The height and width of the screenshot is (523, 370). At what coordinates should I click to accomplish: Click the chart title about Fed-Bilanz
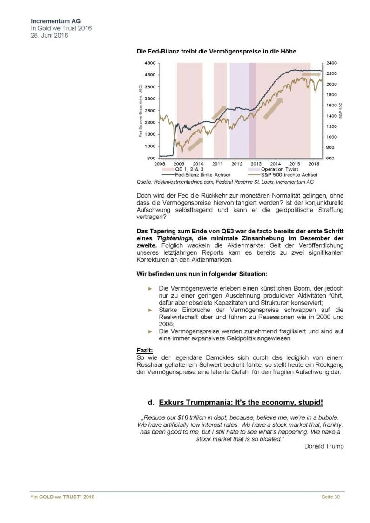pyautogui.click(x=216, y=51)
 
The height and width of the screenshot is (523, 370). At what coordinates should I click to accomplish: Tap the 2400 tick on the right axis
pyautogui.click(x=331, y=63)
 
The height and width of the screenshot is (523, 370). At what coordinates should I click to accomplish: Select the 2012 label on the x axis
pyautogui.click(x=236, y=164)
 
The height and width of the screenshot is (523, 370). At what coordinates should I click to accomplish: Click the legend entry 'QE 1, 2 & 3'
pyautogui.click(x=189, y=170)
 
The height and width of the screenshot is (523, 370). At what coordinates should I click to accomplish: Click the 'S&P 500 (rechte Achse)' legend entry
pyautogui.click(x=283, y=175)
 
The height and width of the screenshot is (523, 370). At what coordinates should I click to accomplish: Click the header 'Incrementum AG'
pyautogui.click(x=52, y=21)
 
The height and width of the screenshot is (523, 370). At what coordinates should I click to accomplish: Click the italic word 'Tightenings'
pyautogui.click(x=173, y=238)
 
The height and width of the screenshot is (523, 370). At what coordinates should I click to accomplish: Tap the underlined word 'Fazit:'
pyautogui.click(x=144, y=349)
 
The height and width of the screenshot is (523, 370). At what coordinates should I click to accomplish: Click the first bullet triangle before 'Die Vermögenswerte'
pyautogui.click(x=149, y=289)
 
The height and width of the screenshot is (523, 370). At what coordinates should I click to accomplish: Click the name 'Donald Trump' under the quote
pyautogui.click(x=323, y=446)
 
